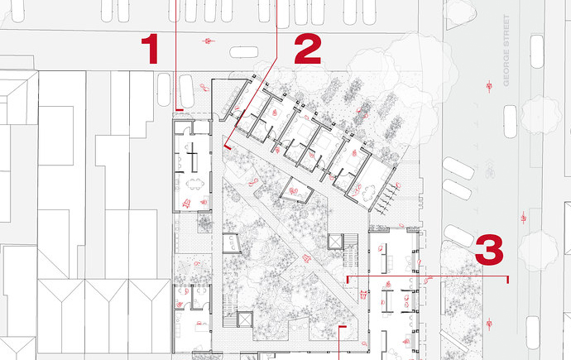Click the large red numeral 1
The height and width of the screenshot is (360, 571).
coord(150,49)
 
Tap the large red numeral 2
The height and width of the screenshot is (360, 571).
coord(308,49)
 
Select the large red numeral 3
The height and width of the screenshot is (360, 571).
coord(489,250)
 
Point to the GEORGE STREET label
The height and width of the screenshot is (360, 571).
coord(506,50)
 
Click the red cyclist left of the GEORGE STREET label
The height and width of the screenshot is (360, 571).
coord(489,86)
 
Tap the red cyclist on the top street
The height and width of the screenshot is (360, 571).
coord(208,41)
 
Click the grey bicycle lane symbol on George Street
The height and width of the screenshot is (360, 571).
coord(489,170)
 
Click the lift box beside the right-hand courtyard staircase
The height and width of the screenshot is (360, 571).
coord(335,242)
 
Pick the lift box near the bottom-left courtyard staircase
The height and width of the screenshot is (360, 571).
coord(245,319)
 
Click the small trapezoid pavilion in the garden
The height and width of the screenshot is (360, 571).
coord(296,190)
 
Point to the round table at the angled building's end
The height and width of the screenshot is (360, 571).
coord(369,190)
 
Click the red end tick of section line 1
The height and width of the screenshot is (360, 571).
coord(180,109)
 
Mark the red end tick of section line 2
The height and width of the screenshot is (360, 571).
coord(228,147)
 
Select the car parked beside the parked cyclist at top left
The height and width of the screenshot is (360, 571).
coord(187,89)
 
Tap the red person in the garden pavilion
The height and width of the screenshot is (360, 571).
coord(294,190)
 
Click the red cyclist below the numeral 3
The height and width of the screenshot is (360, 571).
coord(489,324)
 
